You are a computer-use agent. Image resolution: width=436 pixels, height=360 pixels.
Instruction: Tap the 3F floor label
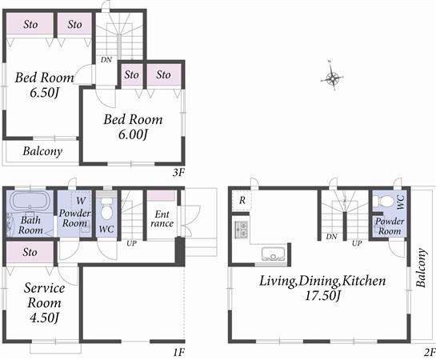(x=178, y=171)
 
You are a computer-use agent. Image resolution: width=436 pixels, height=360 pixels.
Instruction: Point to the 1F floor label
(x=178, y=351)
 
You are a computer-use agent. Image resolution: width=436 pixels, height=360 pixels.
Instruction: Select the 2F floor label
(x=429, y=351)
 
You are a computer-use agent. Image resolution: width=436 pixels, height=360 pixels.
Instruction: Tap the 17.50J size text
(x=322, y=297)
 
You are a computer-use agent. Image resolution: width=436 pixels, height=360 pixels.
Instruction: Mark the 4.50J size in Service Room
(x=38, y=318)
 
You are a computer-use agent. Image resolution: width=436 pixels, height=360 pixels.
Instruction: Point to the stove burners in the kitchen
(x=242, y=230)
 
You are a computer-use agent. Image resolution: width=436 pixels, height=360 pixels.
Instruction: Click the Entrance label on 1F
(x=162, y=218)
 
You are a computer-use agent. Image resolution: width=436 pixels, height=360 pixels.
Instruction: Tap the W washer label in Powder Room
(x=81, y=201)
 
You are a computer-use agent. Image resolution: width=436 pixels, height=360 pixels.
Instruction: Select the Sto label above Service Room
(x=30, y=253)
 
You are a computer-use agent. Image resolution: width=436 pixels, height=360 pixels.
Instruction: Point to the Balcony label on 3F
(x=42, y=151)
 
